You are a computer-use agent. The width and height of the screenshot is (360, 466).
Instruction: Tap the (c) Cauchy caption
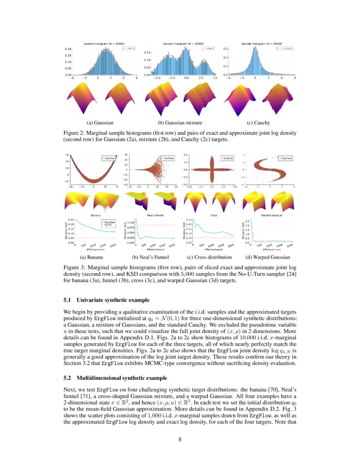coord(258,123)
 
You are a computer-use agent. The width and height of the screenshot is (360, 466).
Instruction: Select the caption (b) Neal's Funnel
coord(150,257)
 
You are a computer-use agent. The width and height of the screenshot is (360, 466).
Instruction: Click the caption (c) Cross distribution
coord(209,257)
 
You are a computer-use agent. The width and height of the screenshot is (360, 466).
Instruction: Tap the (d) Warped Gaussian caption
coord(268,257)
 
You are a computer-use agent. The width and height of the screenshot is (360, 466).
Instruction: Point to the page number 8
coord(180,439)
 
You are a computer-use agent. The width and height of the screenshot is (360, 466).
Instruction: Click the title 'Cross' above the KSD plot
coord(213,215)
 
